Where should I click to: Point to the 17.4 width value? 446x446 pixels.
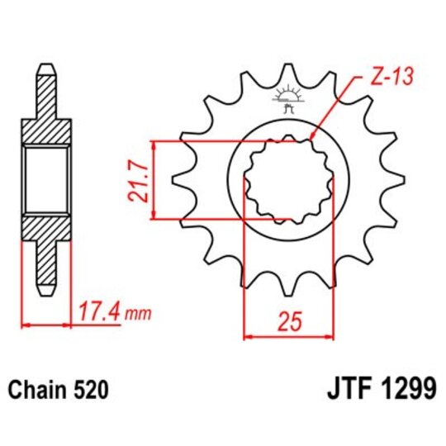(x=102, y=313)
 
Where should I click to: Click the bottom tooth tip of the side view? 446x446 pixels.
(x=48, y=292)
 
